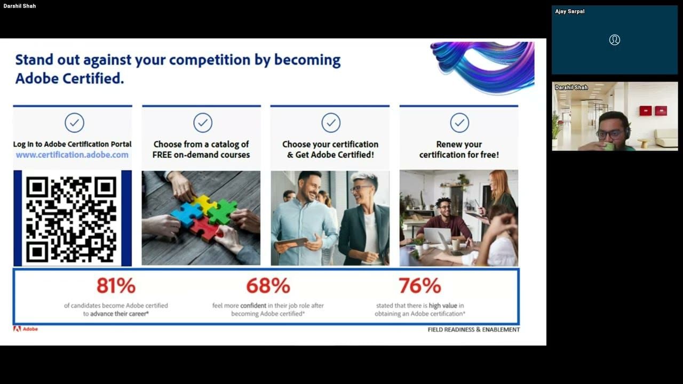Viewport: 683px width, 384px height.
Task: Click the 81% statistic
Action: pyautogui.click(x=116, y=286)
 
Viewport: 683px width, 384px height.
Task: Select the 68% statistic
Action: pyautogui.click(x=268, y=286)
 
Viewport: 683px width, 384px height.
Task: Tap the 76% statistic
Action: pyautogui.click(x=419, y=286)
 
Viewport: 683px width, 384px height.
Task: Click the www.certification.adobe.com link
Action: pyautogui.click(x=72, y=155)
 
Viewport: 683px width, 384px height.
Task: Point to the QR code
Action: pyautogui.click(x=72, y=218)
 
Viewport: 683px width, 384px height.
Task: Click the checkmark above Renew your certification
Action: pyautogui.click(x=459, y=123)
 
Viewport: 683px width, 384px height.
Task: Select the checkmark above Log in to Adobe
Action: pyautogui.click(x=74, y=123)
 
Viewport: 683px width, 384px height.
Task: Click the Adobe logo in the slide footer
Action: pyautogui.click(x=26, y=329)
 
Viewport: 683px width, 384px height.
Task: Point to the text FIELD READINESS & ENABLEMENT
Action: pyautogui.click(x=473, y=330)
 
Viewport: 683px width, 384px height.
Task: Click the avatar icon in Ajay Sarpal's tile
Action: pyautogui.click(x=615, y=40)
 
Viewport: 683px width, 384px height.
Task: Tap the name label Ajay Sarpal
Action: pyautogui.click(x=569, y=11)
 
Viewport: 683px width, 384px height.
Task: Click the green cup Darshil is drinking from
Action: pyautogui.click(x=609, y=146)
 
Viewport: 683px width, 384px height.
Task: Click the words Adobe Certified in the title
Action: pyautogui.click(x=69, y=78)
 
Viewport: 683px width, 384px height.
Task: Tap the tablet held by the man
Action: pyautogui.click(x=291, y=243)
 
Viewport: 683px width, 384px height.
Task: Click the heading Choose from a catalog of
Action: pyautogui.click(x=201, y=144)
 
